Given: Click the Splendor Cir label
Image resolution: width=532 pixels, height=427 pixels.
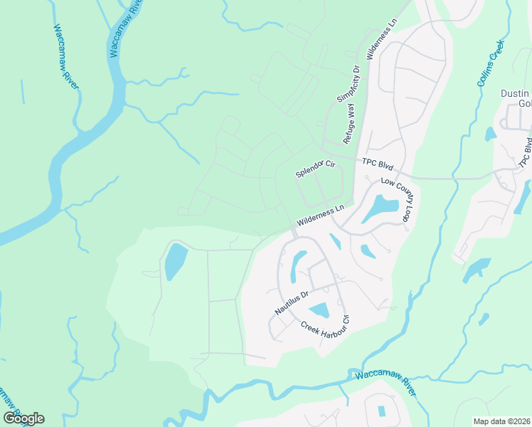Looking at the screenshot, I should pos(315,169).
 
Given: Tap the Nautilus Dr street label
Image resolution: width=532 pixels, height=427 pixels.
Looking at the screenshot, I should pos(292,302).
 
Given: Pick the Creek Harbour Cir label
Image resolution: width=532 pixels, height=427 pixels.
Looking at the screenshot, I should pos(326,327).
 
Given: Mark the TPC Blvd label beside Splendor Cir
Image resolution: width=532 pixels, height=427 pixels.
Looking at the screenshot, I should pos(377,162).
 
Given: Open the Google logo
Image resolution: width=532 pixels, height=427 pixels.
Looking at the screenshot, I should pos(23,418).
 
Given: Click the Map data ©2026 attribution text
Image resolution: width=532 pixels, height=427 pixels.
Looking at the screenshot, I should pos(501,421).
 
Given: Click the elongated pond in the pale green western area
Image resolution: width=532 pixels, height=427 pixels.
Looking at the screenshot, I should pos(174,262).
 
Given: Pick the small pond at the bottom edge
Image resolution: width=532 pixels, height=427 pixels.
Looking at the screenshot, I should pos(382,411).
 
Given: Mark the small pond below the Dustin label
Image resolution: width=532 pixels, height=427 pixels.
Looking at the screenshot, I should pos(489,134).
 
